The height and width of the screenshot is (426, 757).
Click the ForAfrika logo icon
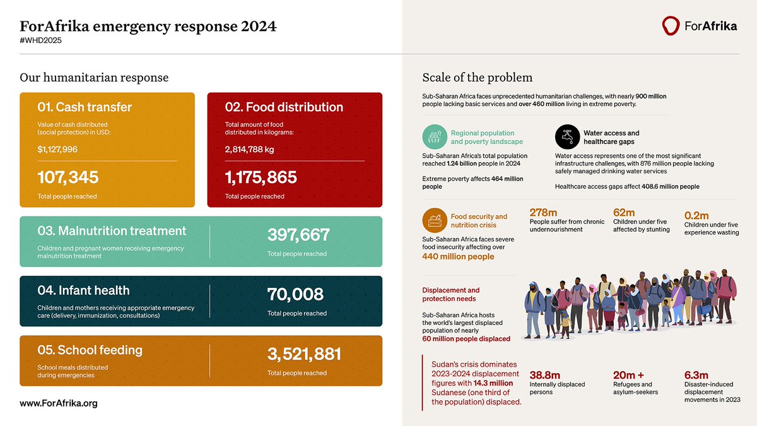(671, 26)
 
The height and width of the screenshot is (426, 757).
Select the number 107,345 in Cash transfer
(68, 178)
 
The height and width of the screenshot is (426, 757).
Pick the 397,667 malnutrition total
(298, 235)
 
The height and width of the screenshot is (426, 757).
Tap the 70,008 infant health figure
(295, 295)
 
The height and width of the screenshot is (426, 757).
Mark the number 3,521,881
(304, 354)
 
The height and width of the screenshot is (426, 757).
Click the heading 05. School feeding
(90, 350)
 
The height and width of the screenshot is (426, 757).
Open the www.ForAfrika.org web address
(59, 403)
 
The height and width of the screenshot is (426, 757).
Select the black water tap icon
(568, 137)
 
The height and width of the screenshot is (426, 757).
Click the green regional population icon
(435, 137)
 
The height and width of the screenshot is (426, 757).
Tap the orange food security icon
(435, 220)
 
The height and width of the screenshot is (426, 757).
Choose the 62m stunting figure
(625, 213)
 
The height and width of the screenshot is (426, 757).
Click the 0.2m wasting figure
(697, 215)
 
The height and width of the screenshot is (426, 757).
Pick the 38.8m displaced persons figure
(544, 374)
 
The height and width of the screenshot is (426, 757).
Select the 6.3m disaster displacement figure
(696, 374)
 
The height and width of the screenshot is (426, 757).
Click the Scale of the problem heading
(477, 78)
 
